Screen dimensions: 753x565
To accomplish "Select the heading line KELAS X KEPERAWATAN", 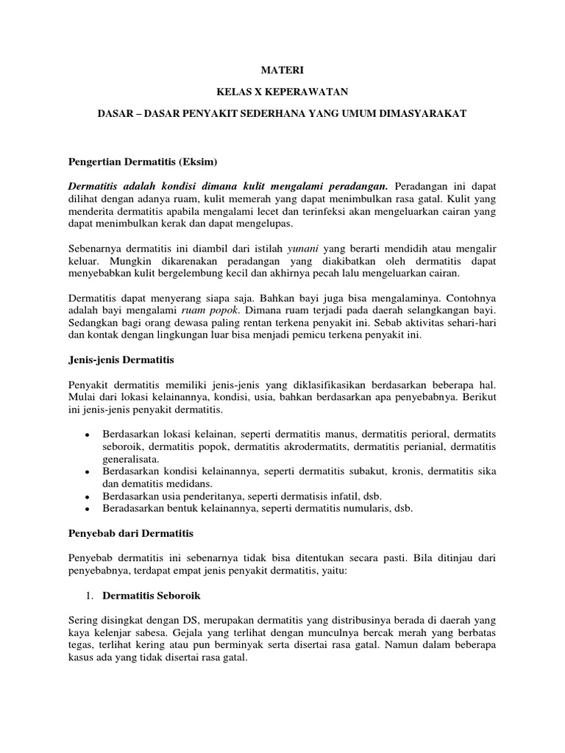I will click(282, 93).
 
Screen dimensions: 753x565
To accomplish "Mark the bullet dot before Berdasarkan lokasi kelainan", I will click(88, 435).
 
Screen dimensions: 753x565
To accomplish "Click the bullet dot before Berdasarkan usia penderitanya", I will click(88, 496).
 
